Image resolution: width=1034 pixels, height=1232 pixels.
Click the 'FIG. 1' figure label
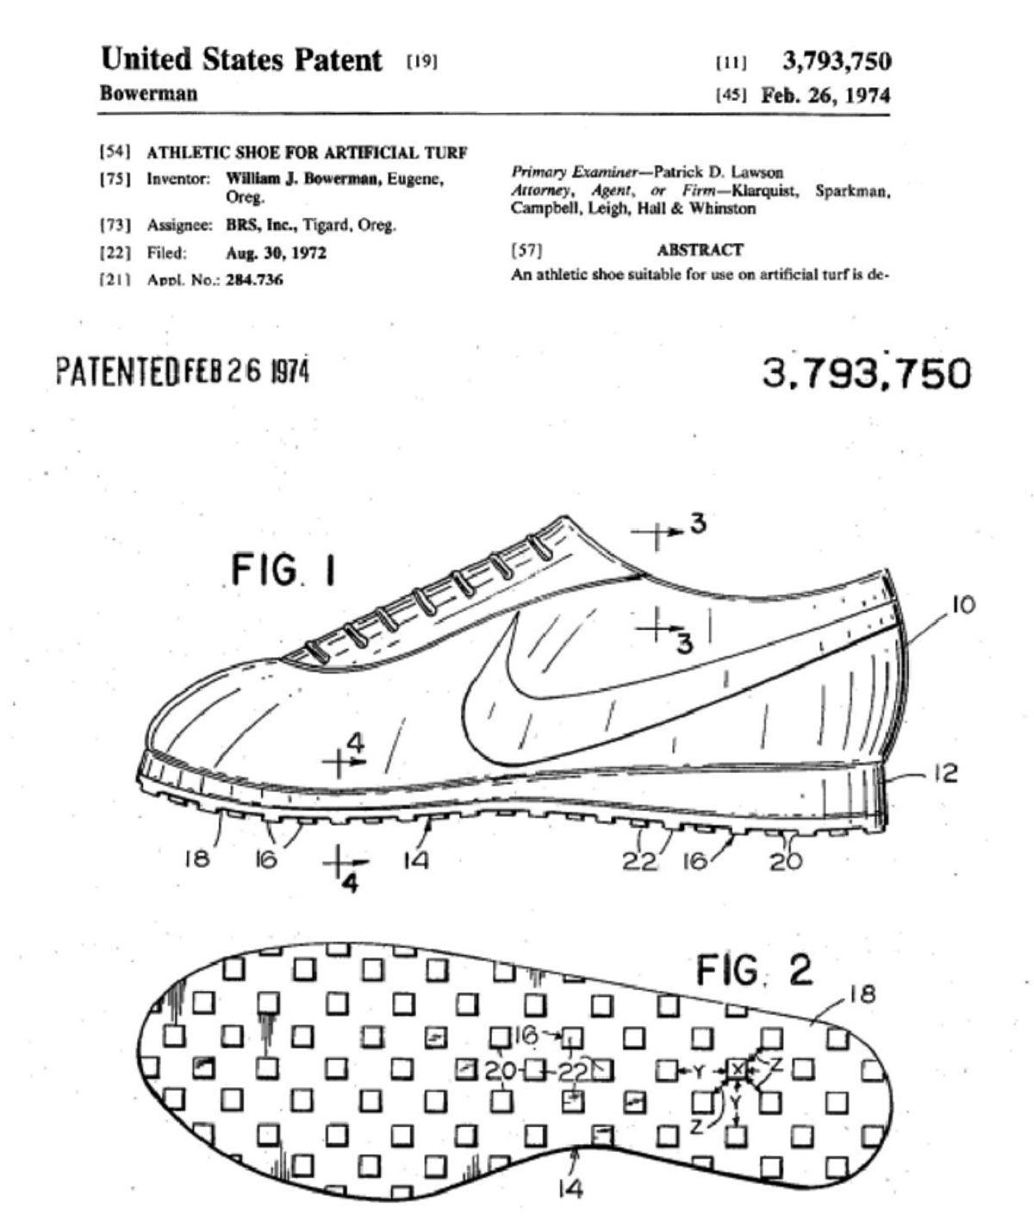283,570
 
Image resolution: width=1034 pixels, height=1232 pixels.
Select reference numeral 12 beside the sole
945,774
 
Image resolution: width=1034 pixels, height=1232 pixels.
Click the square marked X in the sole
737,1069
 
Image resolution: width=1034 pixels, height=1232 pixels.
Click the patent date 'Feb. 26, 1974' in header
825,95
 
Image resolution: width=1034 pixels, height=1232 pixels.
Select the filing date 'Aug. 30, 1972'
277,253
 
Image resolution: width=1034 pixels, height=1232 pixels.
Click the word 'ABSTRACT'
700,250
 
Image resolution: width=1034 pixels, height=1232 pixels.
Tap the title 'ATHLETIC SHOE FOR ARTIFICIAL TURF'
307,152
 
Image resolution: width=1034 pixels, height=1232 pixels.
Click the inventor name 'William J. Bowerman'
303,178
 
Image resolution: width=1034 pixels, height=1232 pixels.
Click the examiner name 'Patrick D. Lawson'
719,171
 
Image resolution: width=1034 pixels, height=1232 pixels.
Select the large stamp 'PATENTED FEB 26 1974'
183,371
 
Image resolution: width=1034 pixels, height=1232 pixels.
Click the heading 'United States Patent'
241,59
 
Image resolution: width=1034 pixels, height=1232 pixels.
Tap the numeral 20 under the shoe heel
786,862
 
